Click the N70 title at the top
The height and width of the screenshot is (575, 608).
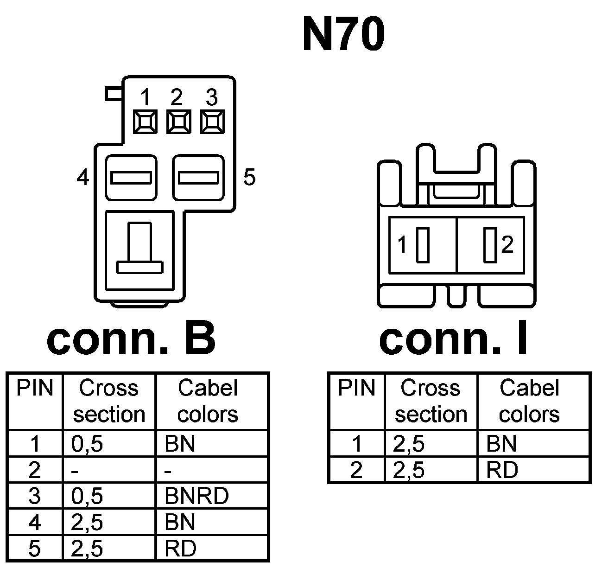(343, 34)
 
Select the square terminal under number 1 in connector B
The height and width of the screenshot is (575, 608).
(144, 122)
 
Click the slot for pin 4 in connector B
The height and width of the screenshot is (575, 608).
(131, 178)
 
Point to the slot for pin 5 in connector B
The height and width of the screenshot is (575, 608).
(198, 178)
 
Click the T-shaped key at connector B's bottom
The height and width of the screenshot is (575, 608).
(140, 250)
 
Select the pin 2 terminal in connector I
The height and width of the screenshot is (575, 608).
(489, 245)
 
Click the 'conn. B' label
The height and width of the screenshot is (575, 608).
(131, 339)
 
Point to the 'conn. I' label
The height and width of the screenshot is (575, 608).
(453, 339)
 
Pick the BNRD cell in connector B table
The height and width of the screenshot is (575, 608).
(196, 496)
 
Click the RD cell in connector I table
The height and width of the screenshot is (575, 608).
(502, 471)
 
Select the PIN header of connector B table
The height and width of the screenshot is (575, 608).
(35, 389)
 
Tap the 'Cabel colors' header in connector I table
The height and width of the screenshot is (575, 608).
(529, 401)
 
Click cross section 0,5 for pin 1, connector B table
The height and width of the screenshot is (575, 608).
(87, 444)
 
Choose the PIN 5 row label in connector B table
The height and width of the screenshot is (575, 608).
(35, 549)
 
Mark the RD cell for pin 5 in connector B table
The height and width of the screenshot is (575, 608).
(180, 549)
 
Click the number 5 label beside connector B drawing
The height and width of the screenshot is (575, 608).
(249, 177)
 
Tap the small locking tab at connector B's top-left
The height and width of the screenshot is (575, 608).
(113, 94)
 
